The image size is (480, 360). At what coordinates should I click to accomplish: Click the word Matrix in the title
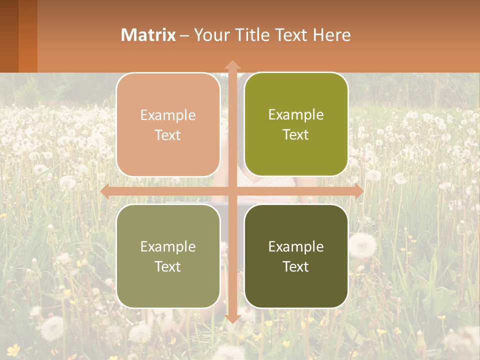pyautogui.click(x=148, y=35)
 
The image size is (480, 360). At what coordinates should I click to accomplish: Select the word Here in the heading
pyautogui.click(x=331, y=35)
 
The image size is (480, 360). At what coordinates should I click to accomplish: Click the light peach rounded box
pyautogui.click(x=168, y=124)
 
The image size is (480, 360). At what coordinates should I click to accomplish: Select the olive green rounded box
pyautogui.click(x=296, y=124)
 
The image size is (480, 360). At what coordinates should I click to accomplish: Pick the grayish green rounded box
pyautogui.click(x=168, y=256)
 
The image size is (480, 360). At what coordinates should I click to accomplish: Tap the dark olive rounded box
pyautogui.click(x=296, y=256)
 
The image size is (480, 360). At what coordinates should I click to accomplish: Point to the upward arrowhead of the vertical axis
pyautogui.click(x=232, y=64)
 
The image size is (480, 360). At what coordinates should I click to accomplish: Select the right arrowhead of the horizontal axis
pyautogui.click(x=359, y=191)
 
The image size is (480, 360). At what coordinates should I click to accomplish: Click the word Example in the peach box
pyautogui.click(x=168, y=115)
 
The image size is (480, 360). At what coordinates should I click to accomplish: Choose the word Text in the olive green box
pyautogui.click(x=296, y=135)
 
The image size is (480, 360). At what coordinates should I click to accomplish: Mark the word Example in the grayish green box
pyautogui.click(x=168, y=246)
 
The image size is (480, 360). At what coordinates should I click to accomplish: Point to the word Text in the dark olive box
pyautogui.click(x=296, y=266)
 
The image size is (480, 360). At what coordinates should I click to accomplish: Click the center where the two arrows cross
pyautogui.click(x=232, y=191)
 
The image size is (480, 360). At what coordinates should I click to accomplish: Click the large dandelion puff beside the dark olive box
pyautogui.click(x=362, y=244)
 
